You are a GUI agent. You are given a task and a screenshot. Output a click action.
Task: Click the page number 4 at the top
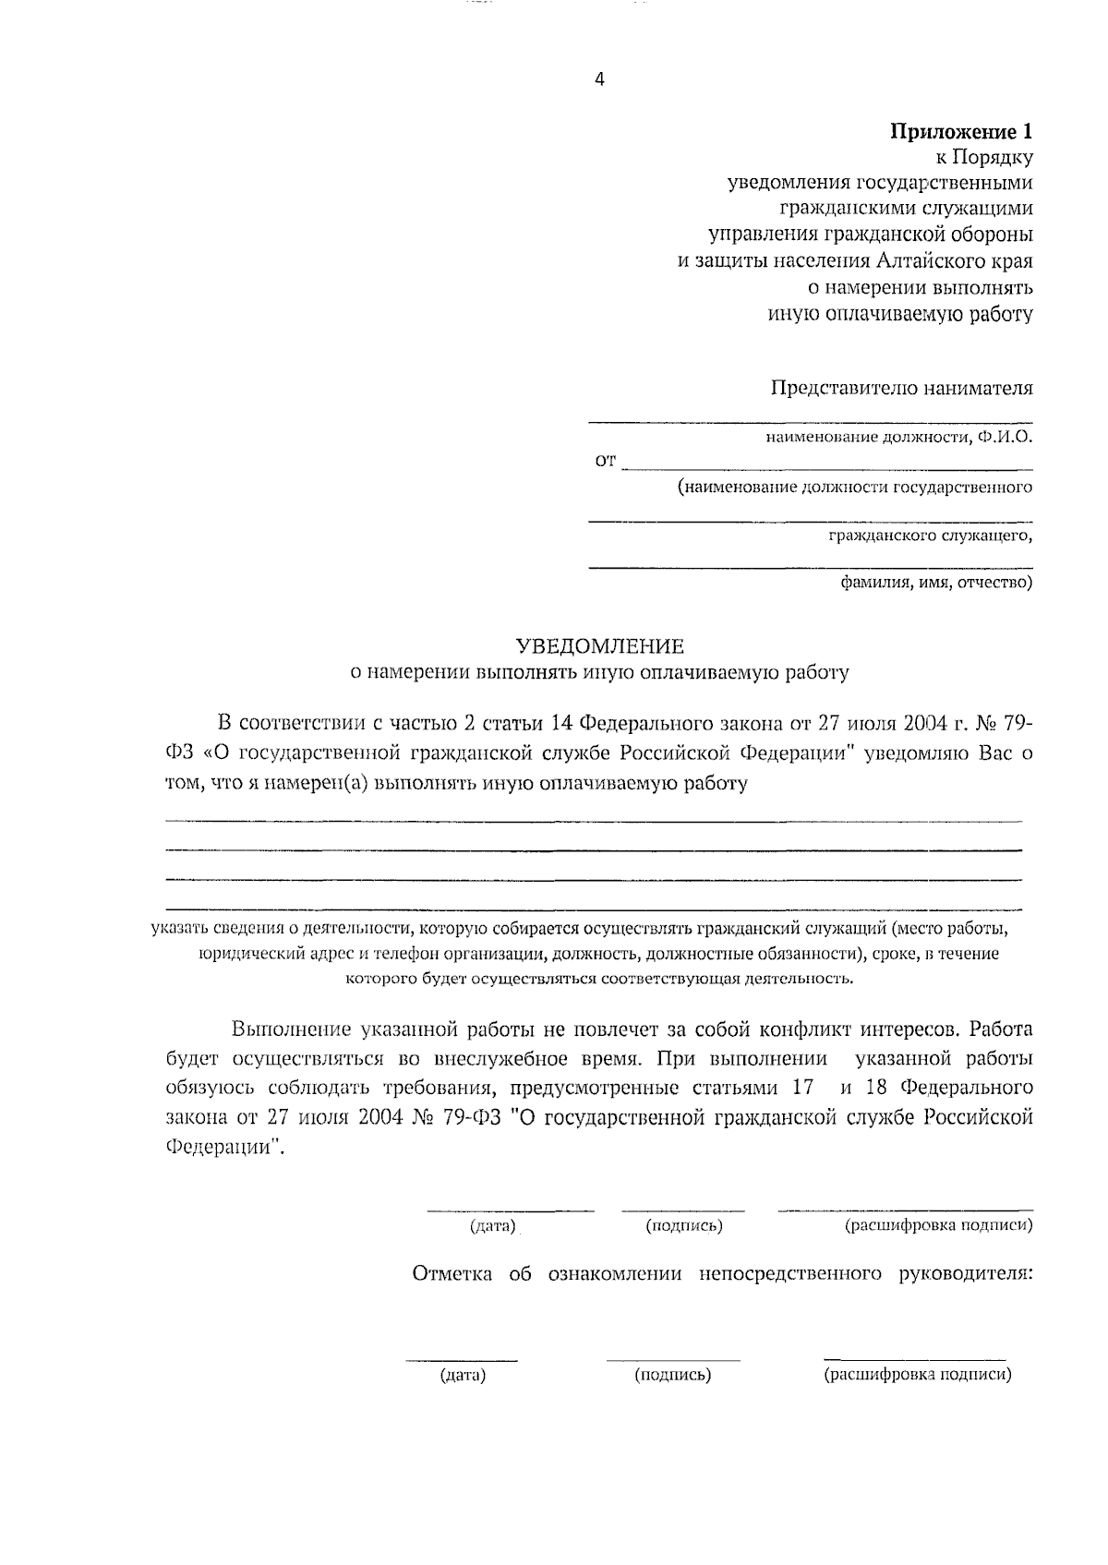(599, 80)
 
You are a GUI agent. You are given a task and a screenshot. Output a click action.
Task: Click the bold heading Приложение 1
(961, 132)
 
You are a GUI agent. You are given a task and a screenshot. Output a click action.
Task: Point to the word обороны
(989, 235)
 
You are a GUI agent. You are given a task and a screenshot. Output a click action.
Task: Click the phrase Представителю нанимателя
(902, 388)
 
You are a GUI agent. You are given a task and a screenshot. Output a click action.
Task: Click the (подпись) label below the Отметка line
(673, 1376)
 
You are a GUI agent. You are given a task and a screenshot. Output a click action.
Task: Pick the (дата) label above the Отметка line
(492, 1226)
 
